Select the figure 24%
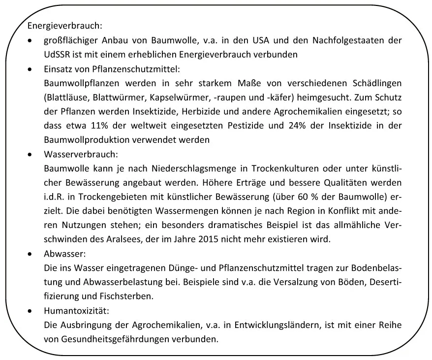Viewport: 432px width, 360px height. pyautogui.click(x=293, y=126)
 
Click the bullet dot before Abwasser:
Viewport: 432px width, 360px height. pyautogui.click(x=31, y=254)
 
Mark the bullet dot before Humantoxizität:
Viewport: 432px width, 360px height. pyautogui.click(x=31, y=311)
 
